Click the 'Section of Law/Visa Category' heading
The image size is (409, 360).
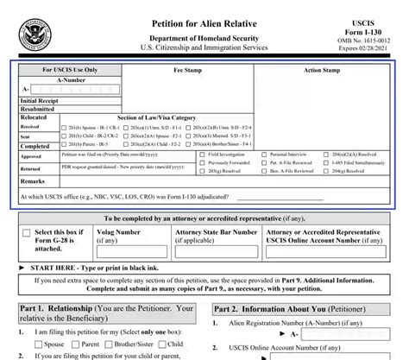click(157, 117)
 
